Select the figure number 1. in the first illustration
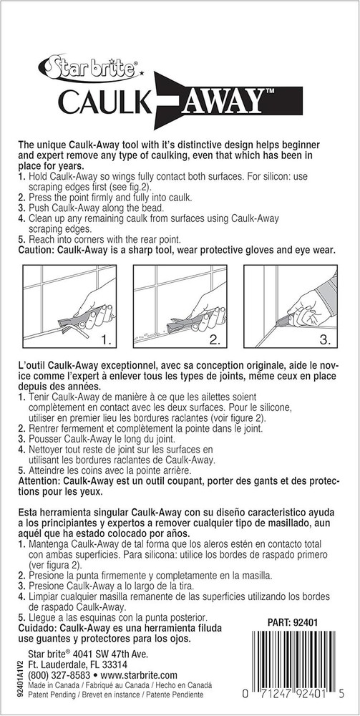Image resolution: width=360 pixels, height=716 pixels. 102,334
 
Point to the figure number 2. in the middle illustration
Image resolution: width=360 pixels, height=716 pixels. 215,334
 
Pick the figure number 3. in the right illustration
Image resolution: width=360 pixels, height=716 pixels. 324,334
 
